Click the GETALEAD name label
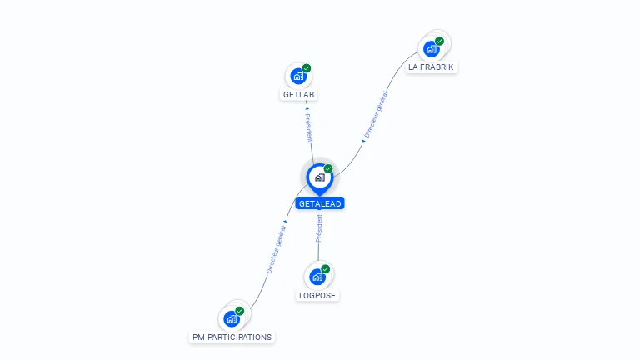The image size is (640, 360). point(320,203)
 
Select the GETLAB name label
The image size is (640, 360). point(299,94)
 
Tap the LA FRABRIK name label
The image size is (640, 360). point(432,67)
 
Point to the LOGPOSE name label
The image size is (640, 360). point(317,295)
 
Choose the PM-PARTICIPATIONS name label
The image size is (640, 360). point(232,337)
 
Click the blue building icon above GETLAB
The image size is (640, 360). point(297,77)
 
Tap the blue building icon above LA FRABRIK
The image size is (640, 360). point(431,49)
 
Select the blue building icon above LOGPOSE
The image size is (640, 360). point(317,277)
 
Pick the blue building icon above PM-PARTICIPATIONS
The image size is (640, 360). point(231,318)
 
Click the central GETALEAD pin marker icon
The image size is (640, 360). point(319,177)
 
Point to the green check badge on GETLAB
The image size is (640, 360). point(307,68)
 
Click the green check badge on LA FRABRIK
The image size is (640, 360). point(440,41)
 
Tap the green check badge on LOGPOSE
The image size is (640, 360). point(326,269)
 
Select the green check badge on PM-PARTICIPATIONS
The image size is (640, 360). point(240,311)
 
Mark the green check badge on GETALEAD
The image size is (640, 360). point(328,168)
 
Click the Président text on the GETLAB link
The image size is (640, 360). point(307,127)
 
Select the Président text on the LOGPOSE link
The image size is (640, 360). point(318,228)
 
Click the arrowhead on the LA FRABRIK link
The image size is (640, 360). point(363,141)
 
